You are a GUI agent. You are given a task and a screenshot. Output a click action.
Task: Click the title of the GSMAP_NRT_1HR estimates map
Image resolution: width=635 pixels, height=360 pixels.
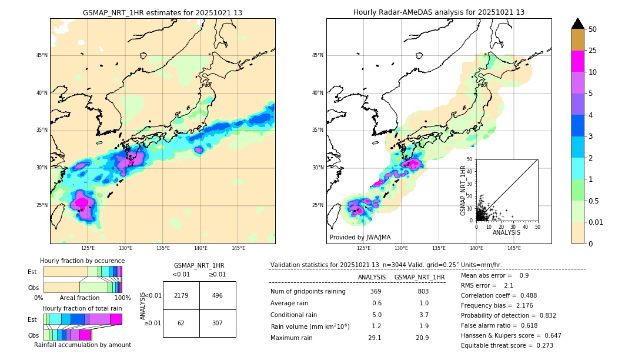162,12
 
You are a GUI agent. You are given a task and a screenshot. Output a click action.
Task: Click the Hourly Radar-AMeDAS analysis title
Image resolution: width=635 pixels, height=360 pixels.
439,12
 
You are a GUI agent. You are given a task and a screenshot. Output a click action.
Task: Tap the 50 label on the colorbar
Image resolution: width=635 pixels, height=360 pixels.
593,29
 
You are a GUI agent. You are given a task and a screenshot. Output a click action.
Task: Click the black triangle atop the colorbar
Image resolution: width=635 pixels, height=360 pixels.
578,24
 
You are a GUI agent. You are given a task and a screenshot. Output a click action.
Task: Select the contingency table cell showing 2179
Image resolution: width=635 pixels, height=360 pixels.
181,295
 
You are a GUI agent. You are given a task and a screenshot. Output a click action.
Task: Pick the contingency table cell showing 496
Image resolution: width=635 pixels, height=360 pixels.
218,295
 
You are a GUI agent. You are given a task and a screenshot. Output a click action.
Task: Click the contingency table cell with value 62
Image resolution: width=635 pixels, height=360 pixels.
181,323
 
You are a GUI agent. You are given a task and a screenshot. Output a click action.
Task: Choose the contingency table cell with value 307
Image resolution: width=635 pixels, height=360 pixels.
218,323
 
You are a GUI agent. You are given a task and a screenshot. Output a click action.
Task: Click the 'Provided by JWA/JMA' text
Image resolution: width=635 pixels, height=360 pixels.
360,238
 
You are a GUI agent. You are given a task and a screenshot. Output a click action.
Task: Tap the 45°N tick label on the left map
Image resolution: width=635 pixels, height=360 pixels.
42,55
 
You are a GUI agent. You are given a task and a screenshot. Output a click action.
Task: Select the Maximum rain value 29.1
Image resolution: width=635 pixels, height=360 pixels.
375,338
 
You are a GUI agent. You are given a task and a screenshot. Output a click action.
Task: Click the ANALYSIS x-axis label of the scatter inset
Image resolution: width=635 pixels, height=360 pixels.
506,232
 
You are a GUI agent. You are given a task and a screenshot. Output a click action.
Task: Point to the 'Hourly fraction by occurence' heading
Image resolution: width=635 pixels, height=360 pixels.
82,261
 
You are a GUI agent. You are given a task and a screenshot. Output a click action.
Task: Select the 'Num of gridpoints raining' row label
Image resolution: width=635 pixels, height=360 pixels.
308,292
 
